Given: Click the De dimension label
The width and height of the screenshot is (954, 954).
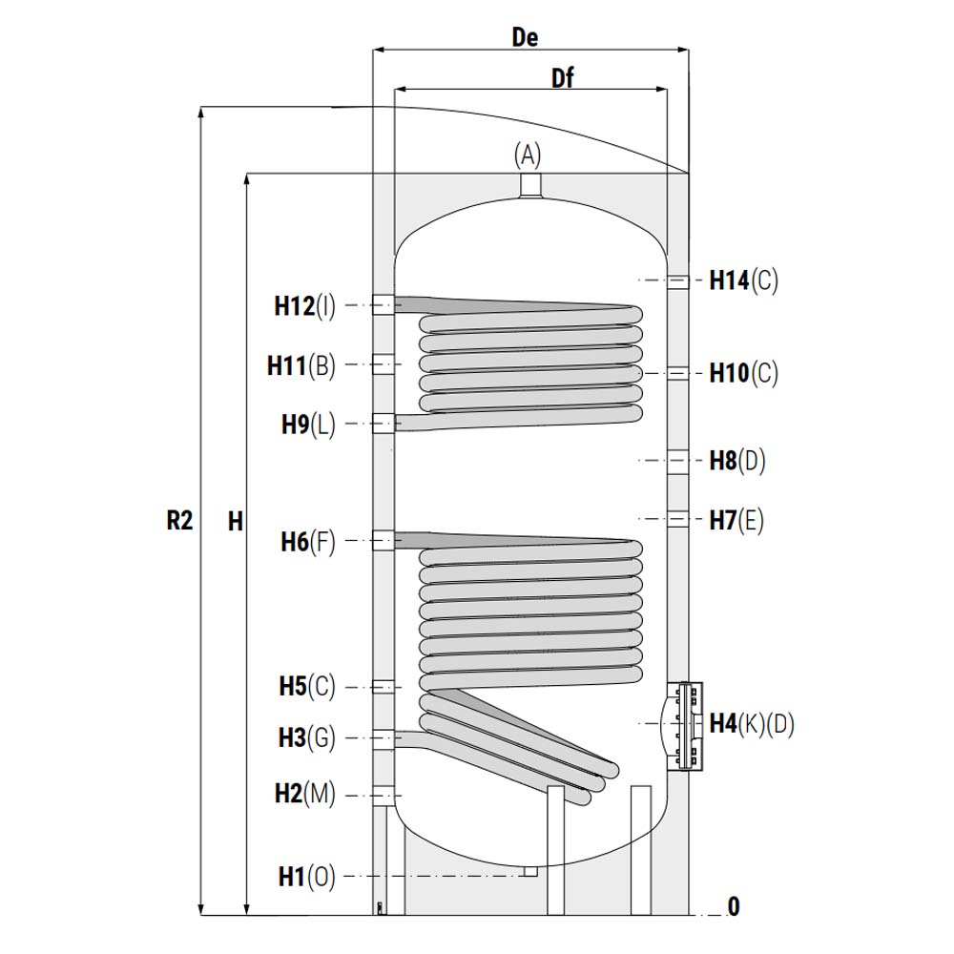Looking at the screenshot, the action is pyautogui.click(x=525, y=38).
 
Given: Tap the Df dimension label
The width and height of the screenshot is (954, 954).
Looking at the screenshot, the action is pyautogui.click(x=562, y=78).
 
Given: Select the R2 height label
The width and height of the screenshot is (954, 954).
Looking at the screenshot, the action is pyautogui.click(x=179, y=521).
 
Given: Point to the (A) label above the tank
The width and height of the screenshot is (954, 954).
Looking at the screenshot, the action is pyautogui.click(x=528, y=156).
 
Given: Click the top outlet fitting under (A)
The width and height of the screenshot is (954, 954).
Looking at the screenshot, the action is pyautogui.click(x=531, y=185).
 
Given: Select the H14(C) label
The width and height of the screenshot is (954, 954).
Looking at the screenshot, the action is pyautogui.click(x=743, y=280).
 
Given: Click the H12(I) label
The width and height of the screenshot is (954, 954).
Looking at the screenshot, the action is pyautogui.click(x=304, y=306).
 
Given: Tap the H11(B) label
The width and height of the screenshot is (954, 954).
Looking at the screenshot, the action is pyautogui.click(x=301, y=365).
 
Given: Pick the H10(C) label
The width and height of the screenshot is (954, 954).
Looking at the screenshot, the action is pyautogui.click(x=743, y=373).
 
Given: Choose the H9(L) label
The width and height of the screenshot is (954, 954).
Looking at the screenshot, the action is pyautogui.click(x=308, y=425).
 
